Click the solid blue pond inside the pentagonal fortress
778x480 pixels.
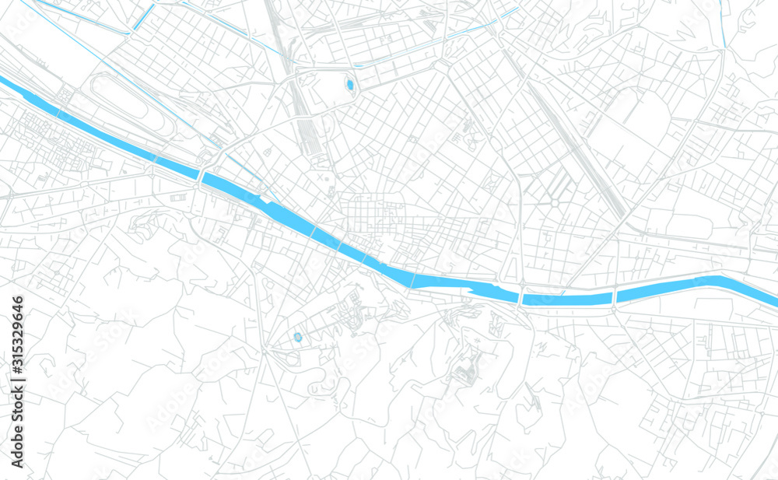click(x=349, y=84)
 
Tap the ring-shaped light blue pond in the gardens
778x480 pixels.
click(x=298, y=337)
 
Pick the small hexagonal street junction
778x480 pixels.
click(x=555, y=203)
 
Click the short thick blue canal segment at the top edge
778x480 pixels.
click(x=143, y=18)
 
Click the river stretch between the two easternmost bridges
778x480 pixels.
click(x=568, y=299)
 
